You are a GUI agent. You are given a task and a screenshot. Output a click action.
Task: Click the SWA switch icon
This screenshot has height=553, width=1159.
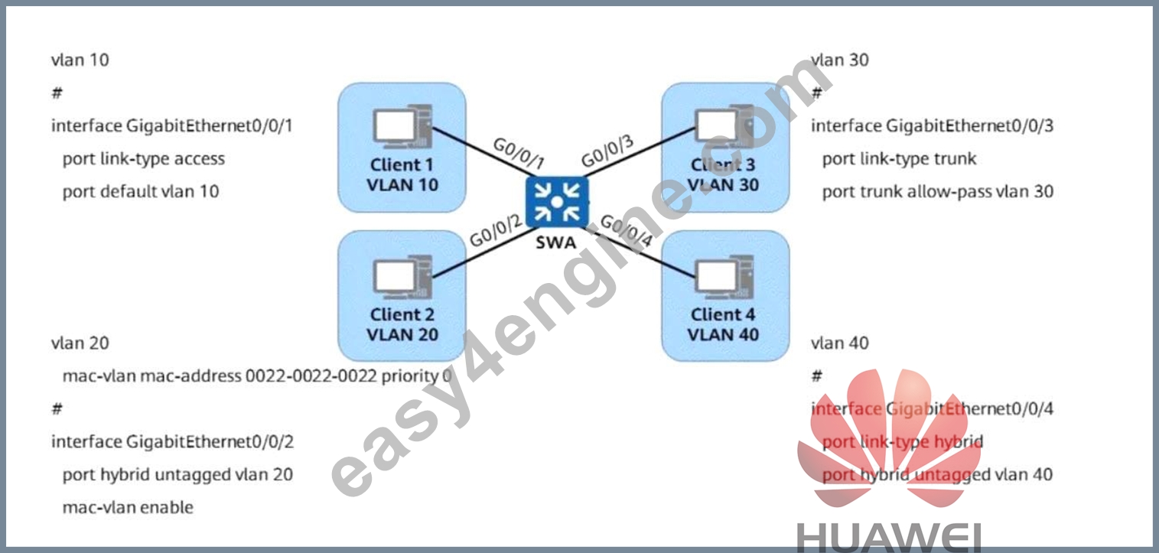(557, 202)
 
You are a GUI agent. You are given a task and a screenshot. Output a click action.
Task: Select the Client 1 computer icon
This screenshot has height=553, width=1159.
(402, 126)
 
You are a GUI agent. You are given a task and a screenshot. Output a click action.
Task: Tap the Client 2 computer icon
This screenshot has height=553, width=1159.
(402, 278)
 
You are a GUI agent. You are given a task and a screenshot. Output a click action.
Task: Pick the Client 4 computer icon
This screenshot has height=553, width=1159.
(724, 278)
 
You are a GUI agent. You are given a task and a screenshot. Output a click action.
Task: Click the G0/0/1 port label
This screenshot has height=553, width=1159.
(519, 153)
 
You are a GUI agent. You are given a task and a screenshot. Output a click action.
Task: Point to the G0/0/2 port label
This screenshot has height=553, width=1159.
(496, 231)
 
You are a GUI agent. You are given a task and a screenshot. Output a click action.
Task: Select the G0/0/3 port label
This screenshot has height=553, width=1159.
(607, 151)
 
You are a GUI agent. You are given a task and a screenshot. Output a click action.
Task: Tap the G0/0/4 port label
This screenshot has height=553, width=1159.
(627, 231)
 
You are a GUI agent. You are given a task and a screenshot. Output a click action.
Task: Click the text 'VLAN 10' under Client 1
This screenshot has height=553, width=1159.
(402, 184)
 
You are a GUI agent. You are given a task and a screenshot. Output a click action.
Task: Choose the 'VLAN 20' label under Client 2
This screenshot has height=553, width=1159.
(402, 335)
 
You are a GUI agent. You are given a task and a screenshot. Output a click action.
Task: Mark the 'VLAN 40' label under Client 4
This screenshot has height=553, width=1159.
(723, 335)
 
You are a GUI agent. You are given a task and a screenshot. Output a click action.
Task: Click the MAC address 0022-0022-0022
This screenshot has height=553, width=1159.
(311, 376)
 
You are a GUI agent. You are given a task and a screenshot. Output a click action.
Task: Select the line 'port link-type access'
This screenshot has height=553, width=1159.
(144, 159)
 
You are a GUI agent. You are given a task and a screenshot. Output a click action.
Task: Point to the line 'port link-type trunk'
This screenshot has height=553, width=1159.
(899, 159)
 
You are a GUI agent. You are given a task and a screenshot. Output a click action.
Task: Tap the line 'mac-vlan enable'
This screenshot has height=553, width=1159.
(128, 507)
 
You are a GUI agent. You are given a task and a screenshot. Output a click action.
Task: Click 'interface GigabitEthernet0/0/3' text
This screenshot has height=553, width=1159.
(933, 125)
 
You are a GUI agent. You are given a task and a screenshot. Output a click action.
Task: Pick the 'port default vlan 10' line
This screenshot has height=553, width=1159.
(141, 191)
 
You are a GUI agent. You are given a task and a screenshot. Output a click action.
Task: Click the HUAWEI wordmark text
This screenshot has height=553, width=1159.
(888, 538)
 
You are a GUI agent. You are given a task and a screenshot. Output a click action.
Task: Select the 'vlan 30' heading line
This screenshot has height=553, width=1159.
(840, 60)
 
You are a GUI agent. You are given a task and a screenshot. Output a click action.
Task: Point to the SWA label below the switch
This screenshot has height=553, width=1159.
(555, 242)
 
